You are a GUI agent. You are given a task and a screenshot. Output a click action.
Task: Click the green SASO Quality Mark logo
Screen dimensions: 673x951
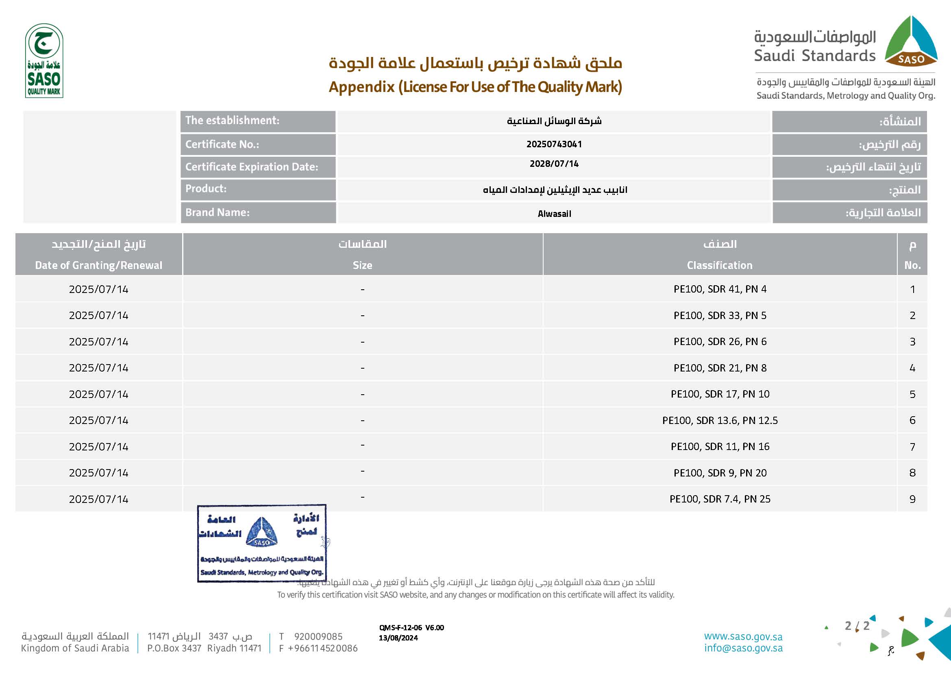click(44, 61)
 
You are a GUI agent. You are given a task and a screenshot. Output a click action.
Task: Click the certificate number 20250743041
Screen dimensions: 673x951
click(554, 144)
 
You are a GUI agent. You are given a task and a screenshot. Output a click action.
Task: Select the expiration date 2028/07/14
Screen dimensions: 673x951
click(554, 164)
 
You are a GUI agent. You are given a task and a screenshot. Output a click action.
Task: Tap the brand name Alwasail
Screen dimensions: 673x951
click(554, 214)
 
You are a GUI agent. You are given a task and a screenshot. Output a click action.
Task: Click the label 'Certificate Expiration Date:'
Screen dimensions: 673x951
click(251, 167)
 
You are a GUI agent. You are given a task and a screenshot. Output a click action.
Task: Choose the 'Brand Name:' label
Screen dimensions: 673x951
click(217, 212)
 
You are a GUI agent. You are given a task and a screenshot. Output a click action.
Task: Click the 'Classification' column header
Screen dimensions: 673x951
click(720, 265)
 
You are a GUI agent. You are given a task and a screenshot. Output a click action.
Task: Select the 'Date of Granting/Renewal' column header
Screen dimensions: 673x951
click(98, 265)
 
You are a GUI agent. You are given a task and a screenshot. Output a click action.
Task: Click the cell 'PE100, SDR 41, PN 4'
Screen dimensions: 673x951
click(720, 289)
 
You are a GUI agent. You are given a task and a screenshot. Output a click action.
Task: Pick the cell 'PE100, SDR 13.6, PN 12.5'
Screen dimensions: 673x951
click(720, 421)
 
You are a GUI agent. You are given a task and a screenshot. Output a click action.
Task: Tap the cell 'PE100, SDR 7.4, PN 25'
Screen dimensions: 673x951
click(720, 499)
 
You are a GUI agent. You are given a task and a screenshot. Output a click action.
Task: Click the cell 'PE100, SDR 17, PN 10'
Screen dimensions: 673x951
click(720, 394)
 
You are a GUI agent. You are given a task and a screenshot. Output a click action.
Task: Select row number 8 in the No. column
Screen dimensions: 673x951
click(912, 473)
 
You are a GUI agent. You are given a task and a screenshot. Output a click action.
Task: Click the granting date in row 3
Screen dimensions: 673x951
click(98, 342)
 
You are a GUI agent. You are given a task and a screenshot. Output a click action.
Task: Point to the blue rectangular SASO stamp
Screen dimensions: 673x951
click(261, 543)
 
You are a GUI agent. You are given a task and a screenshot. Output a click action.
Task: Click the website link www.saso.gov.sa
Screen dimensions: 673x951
click(743, 636)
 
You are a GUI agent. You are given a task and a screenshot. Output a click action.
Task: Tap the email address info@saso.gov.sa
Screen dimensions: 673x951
click(743, 648)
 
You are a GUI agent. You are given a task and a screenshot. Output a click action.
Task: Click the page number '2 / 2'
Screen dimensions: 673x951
click(857, 626)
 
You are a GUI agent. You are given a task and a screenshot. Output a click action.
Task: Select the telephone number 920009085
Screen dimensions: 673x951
click(318, 636)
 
